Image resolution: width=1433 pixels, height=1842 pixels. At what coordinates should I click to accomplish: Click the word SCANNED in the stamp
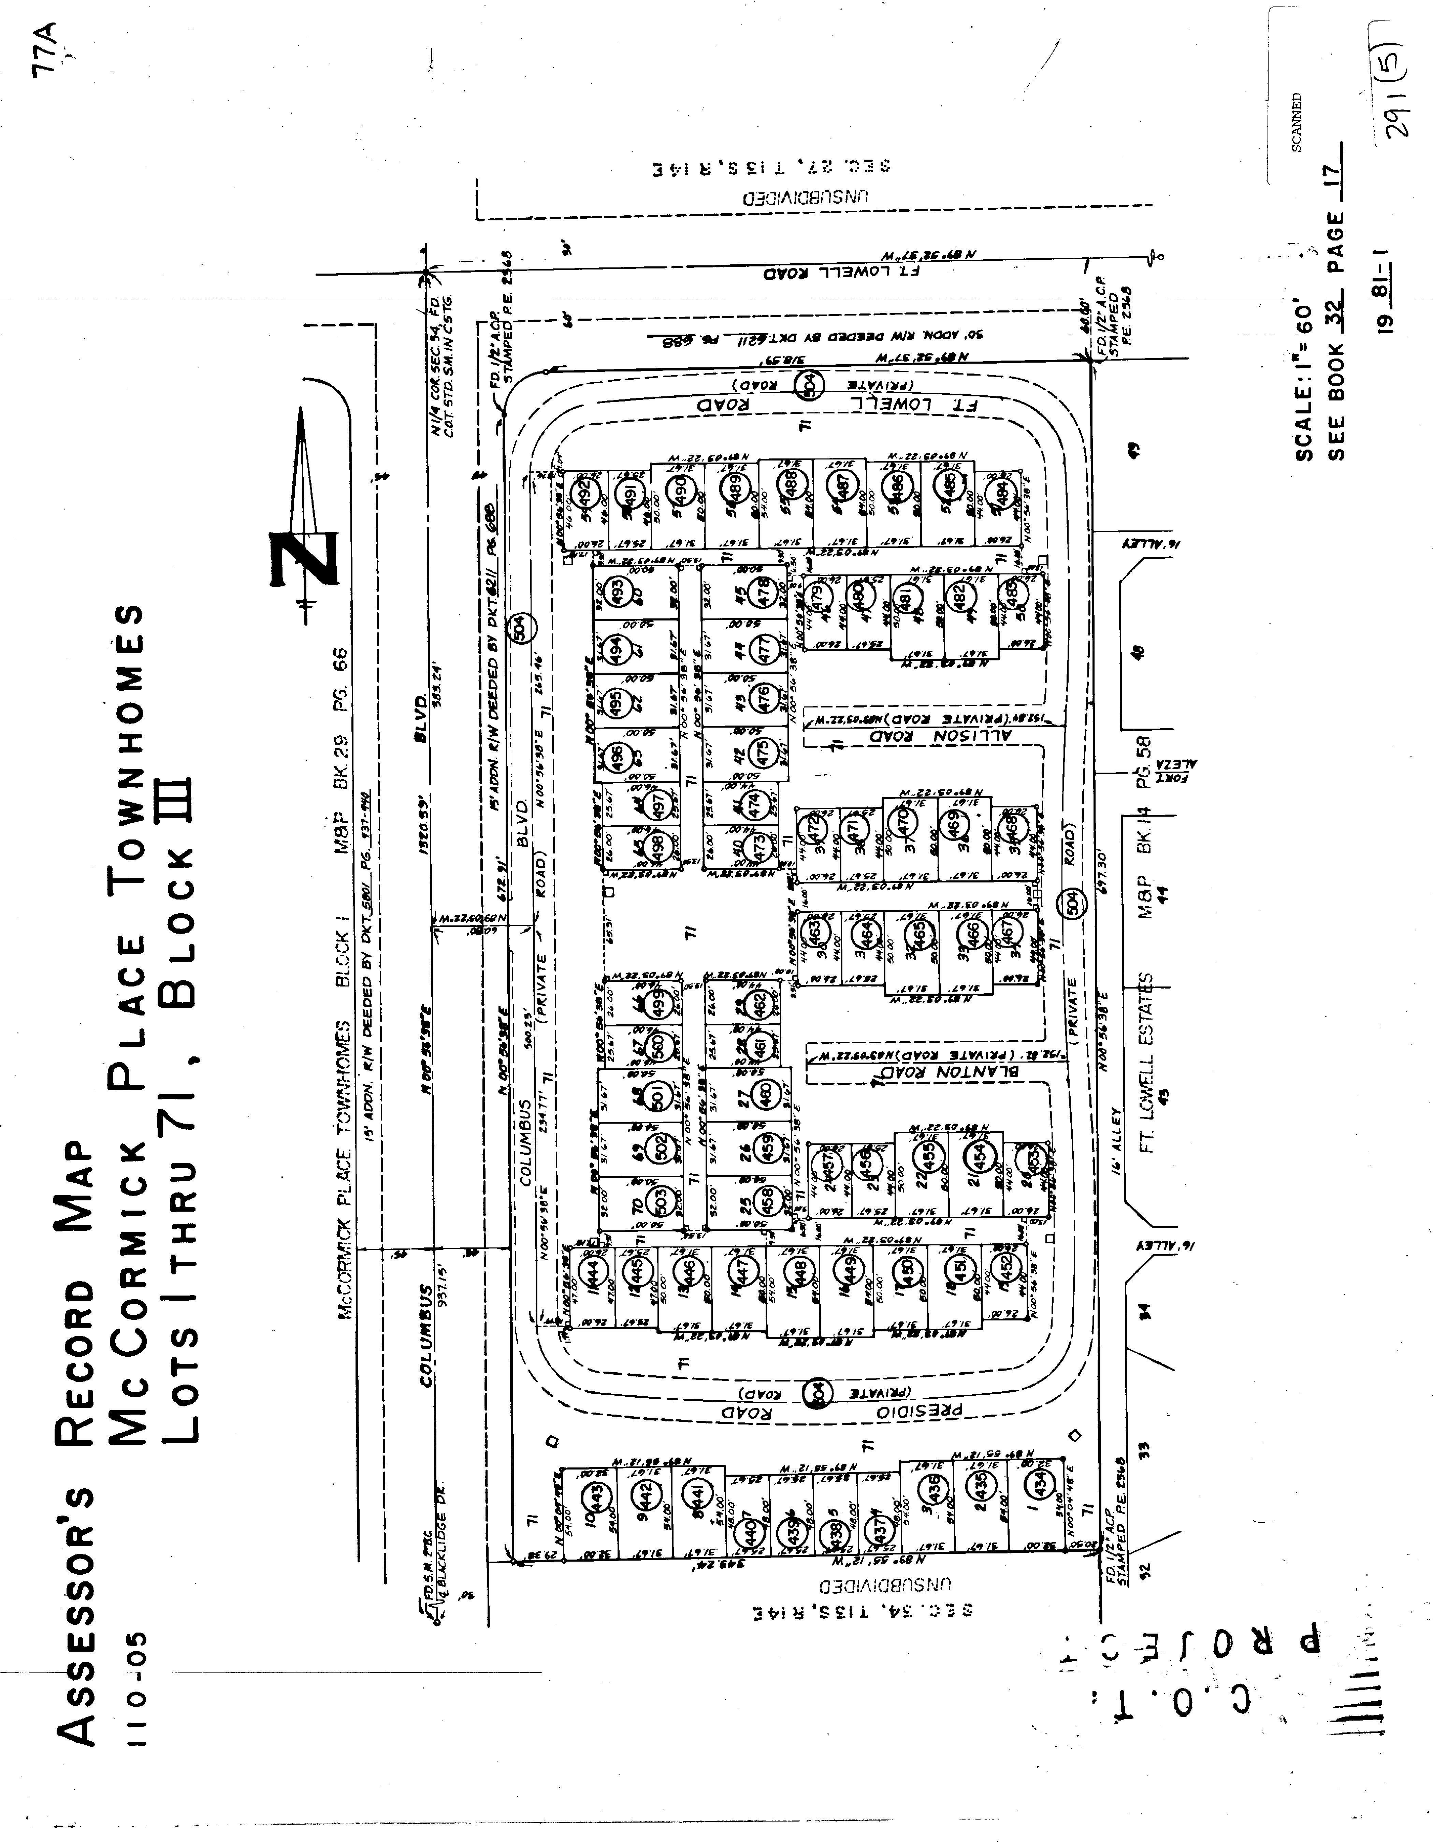click(x=1297, y=122)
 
